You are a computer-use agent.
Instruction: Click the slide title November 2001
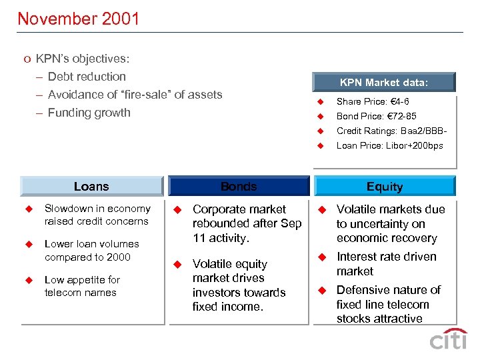click(x=79, y=19)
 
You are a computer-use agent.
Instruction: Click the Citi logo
click(x=448, y=339)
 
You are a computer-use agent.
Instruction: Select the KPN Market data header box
click(x=384, y=83)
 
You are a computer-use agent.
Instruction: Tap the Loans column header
click(x=91, y=187)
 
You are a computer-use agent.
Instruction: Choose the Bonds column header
click(x=239, y=187)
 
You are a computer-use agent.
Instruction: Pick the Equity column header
click(x=385, y=187)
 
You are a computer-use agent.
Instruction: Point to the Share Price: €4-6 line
click(x=373, y=102)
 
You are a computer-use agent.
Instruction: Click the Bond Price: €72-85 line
click(x=376, y=117)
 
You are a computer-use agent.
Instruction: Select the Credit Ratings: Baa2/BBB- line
click(x=389, y=131)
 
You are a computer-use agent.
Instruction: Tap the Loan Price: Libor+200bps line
click(x=389, y=146)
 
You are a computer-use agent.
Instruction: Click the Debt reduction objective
click(x=87, y=77)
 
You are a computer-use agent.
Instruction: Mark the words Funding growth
click(x=89, y=113)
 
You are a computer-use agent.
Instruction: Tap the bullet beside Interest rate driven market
click(x=321, y=257)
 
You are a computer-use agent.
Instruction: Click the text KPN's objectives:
click(x=83, y=59)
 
